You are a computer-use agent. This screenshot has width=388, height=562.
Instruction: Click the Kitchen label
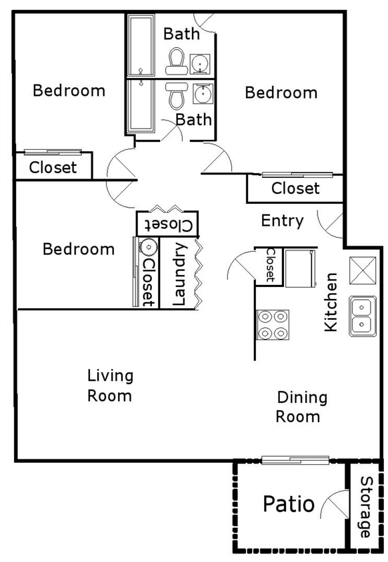coord(331,302)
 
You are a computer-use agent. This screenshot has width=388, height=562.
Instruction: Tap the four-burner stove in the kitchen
coord(272,326)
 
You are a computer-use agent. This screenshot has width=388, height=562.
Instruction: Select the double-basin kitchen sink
coord(361,316)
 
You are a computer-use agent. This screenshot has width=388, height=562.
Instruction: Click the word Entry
coord(282,221)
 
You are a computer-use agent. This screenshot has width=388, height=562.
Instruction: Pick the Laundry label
coord(179,274)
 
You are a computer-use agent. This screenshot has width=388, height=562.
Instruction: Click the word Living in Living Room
coord(110,376)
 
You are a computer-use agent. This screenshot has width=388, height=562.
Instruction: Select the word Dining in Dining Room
coord(302,398)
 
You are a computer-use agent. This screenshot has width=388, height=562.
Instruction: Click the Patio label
coord(288,504)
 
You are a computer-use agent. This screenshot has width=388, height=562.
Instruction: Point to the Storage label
coord(366,507)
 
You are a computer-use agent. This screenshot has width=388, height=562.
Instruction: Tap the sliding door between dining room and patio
coord(295,459)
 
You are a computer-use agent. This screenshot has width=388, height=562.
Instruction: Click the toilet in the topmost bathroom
coord(176,61)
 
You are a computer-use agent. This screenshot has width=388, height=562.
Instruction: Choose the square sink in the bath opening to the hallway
coord(201,94)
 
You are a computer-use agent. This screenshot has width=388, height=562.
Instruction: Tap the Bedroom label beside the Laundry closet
coord(79,249)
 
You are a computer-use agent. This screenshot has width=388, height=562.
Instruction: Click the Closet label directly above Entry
coord(295,188)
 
